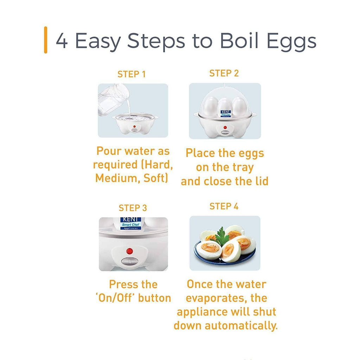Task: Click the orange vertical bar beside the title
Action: [46, 40]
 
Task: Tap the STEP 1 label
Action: [131, 74]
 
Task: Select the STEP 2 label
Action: [224, 73]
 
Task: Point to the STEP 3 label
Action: [133, 208]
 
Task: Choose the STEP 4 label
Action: [224, 206]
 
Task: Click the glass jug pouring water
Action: [112, 99]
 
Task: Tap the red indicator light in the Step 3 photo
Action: [130, 251]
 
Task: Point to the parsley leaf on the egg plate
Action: [221, 237]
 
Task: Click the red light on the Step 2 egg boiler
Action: [225, 127]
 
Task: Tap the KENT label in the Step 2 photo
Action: [225, 114]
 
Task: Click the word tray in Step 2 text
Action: [243, 168]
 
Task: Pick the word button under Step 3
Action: [155, 298]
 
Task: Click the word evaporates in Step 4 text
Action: [215, 298]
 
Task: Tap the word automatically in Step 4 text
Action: [241, 326]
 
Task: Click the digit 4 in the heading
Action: [62, 41]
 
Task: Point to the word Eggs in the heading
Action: [291, 41]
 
